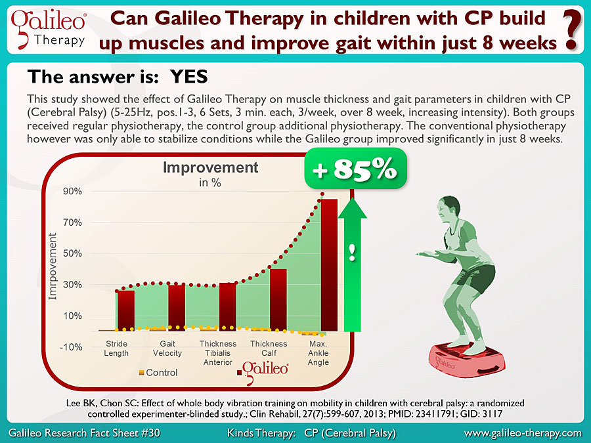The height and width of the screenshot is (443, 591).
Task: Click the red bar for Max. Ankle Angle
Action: (x=329, y=265)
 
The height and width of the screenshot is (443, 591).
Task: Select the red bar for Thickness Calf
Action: (x=278, y=300)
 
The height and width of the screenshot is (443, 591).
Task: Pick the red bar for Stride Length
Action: (x=126, y=310)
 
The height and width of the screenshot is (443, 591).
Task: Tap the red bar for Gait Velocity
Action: (x=177, y=308)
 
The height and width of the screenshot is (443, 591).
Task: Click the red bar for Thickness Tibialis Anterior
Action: (x=228, y=306)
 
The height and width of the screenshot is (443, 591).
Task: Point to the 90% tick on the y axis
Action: (x=73, y=191)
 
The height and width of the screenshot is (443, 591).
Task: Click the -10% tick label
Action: (x=71, y=347)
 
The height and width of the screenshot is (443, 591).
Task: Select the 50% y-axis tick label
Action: (x=73, y=253)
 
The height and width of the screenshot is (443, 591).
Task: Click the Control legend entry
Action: (x=158, y=373)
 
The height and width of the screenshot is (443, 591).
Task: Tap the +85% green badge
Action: (x=355, y=169)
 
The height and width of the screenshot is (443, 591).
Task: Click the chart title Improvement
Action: (x=210, y=167)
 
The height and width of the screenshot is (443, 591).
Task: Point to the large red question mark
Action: (x=571, y=30)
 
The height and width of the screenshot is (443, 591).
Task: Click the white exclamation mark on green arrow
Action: (x=352, y=253)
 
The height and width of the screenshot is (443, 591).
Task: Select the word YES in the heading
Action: (x=188, y=77)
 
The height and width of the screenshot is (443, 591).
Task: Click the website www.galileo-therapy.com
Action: (x=523, y=433)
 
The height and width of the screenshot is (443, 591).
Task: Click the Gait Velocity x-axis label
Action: (x=167, y=348)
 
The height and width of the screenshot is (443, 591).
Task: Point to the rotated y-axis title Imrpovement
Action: (x=53, y=266)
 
